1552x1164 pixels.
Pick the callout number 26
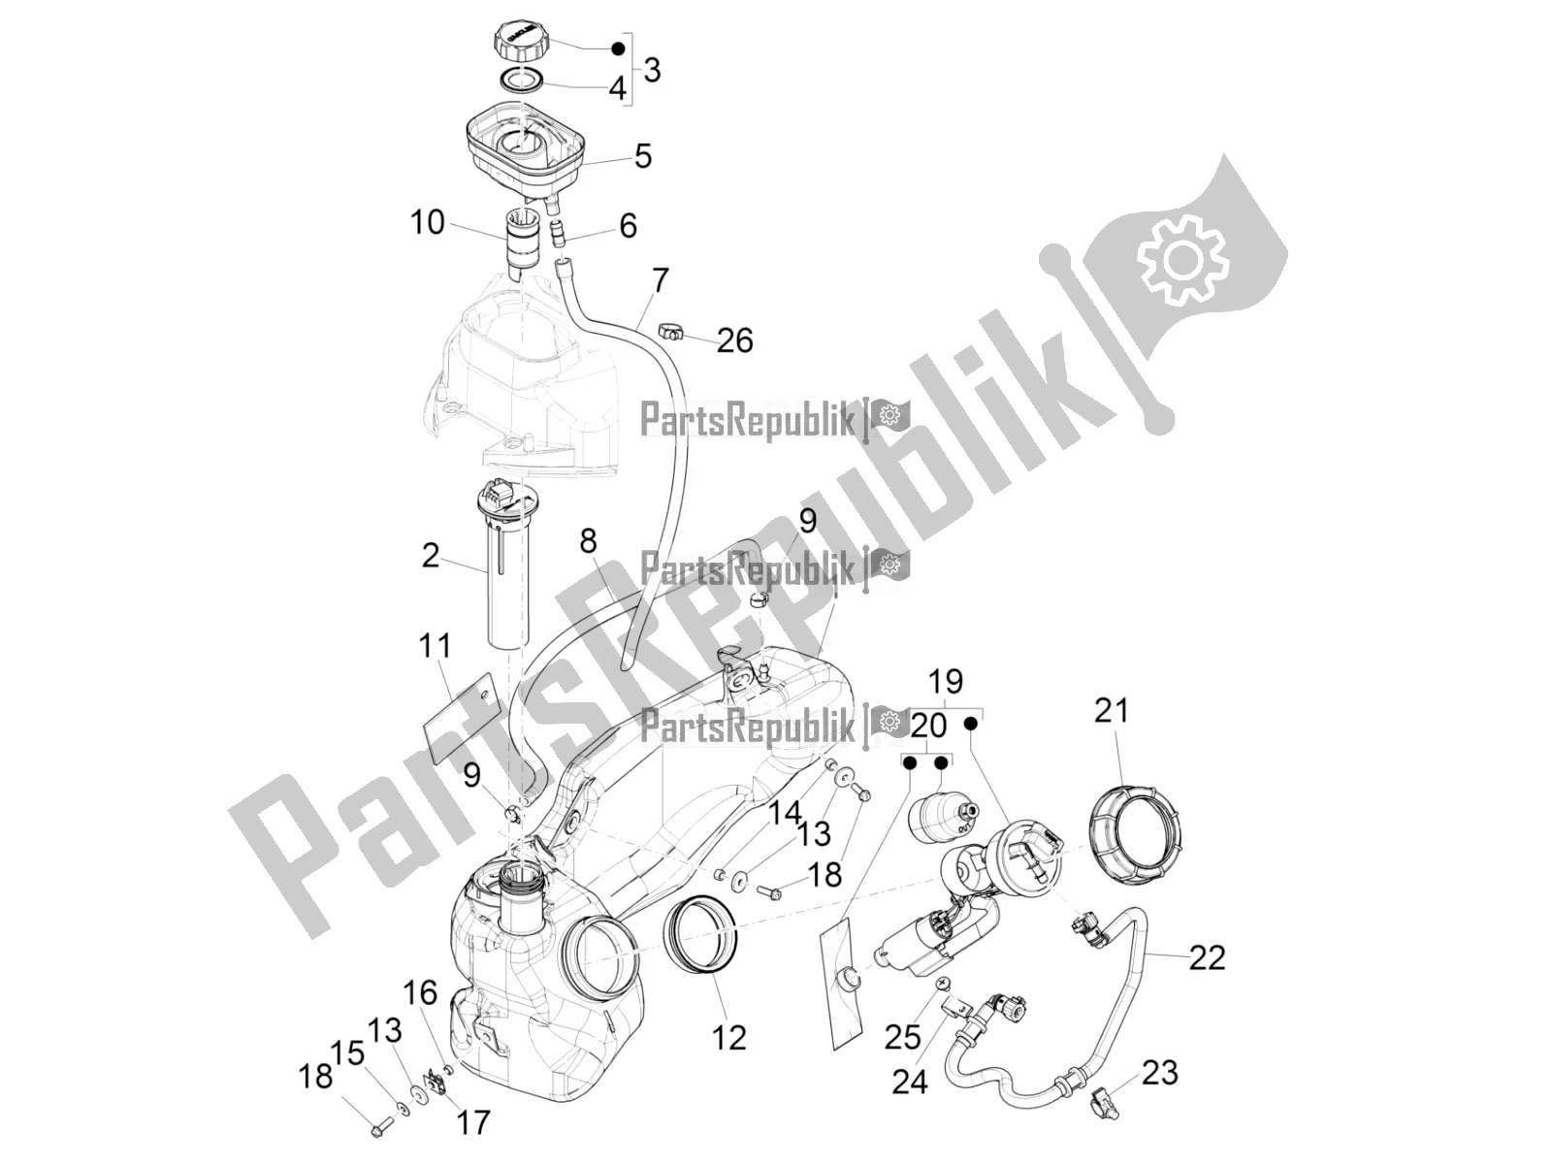pos(734,340)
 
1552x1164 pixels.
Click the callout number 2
pos(431,556)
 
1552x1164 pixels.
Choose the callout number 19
pos(946,681)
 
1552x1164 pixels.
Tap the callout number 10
pos(427,222)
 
